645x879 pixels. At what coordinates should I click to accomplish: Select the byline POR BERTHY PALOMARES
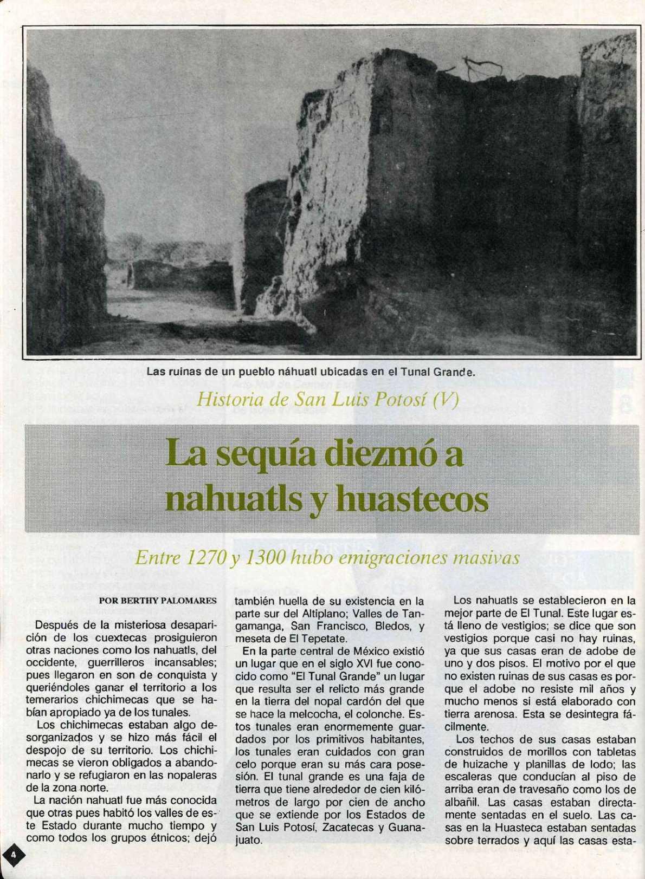(158, 600)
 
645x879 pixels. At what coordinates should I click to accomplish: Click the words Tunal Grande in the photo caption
(434, 372)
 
